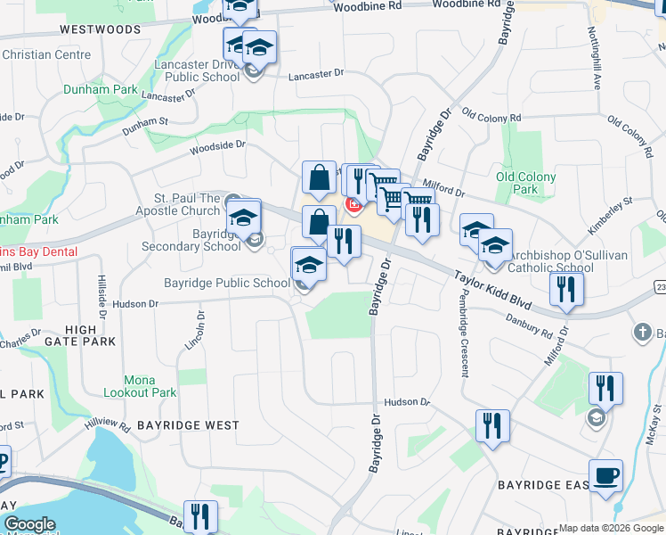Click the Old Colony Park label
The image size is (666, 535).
pos(525,183)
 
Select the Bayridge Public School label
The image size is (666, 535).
pos(227,284)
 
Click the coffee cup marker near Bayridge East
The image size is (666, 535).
pos(605,476)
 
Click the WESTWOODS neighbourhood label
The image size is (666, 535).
pos(101,29)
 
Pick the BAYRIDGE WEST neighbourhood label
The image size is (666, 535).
pos(185,425)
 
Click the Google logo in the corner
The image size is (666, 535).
pos(29,524)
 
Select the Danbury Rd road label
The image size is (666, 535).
pos(531,324)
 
